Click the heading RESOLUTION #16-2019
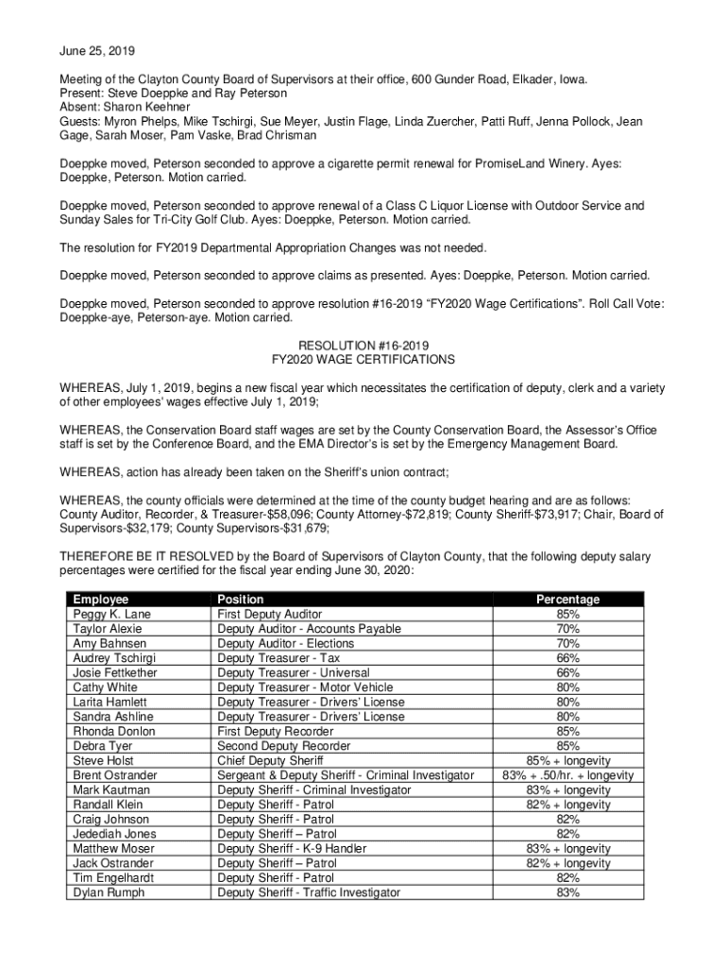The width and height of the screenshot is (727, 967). tap(363, 346)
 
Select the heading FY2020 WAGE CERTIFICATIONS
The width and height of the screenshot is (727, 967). tap(363, 360)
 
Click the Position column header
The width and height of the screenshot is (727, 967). tap(241, 600)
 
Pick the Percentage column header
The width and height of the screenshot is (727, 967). tap(567, 600)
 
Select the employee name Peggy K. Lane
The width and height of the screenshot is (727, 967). tap(111, 615)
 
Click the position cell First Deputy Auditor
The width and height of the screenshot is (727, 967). tap(269, 615)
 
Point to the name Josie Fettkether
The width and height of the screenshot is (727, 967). tap(115, 673)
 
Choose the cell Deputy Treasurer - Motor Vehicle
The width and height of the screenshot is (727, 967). tap(305, 687)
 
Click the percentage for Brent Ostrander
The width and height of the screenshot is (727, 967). tap(567, 775)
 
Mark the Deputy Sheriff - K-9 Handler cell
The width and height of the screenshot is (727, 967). tap(292, 849)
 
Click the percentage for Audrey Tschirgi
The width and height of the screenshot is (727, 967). tap(567, 658)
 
